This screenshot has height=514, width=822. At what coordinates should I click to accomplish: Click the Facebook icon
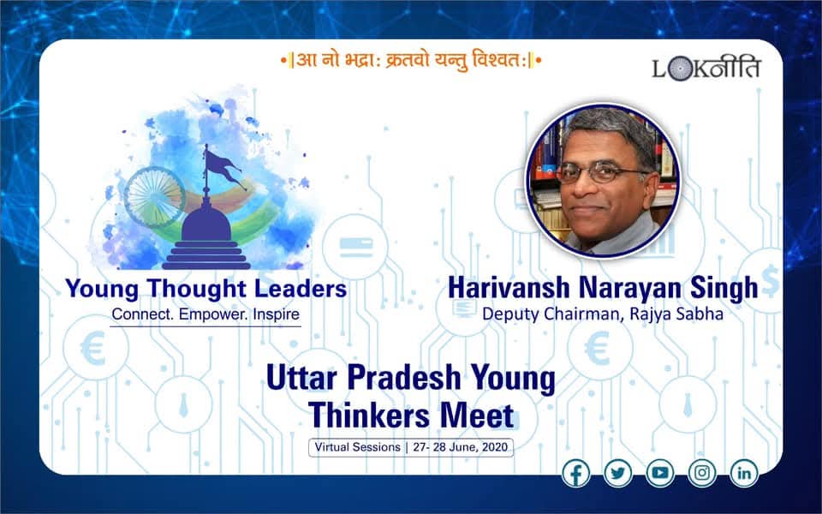(575, 473)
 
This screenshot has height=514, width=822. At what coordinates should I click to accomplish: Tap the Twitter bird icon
(617, 473)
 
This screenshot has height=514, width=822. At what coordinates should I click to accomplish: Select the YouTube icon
(659, 473)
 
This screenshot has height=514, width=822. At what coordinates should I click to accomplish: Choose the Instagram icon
(702, 473)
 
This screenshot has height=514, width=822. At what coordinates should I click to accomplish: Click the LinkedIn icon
(744, 473)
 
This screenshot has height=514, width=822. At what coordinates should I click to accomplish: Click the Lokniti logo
(706, 69)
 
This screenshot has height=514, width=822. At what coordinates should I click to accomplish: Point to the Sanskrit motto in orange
(411, 60)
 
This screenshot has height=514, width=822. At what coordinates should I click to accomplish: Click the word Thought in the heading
(197, 289)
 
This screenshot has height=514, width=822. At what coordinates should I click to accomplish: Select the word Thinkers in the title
(370, 415)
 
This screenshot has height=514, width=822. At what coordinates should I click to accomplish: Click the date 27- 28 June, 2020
(461, 447)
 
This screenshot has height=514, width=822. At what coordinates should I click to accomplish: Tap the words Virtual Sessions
(358, 447)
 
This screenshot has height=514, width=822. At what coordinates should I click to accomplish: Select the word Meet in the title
(477, 415)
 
